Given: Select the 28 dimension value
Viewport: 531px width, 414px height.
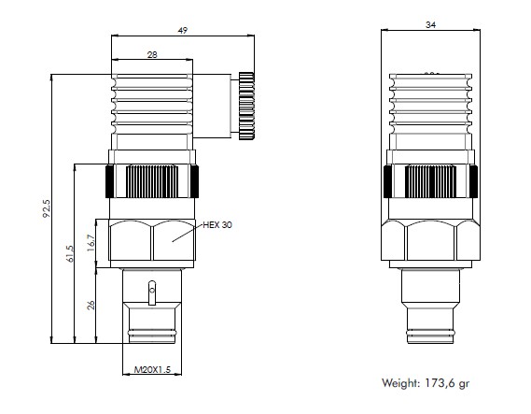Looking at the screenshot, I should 151,55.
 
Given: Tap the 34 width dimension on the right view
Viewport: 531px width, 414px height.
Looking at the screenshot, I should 430,24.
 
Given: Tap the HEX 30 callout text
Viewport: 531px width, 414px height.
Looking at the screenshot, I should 217,225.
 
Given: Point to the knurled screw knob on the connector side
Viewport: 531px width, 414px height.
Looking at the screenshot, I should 246,105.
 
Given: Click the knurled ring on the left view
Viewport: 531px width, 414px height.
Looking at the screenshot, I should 152,179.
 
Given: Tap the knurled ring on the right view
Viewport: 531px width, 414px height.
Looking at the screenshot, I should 430,179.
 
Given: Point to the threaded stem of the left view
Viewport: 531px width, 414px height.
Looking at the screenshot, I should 152,308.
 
